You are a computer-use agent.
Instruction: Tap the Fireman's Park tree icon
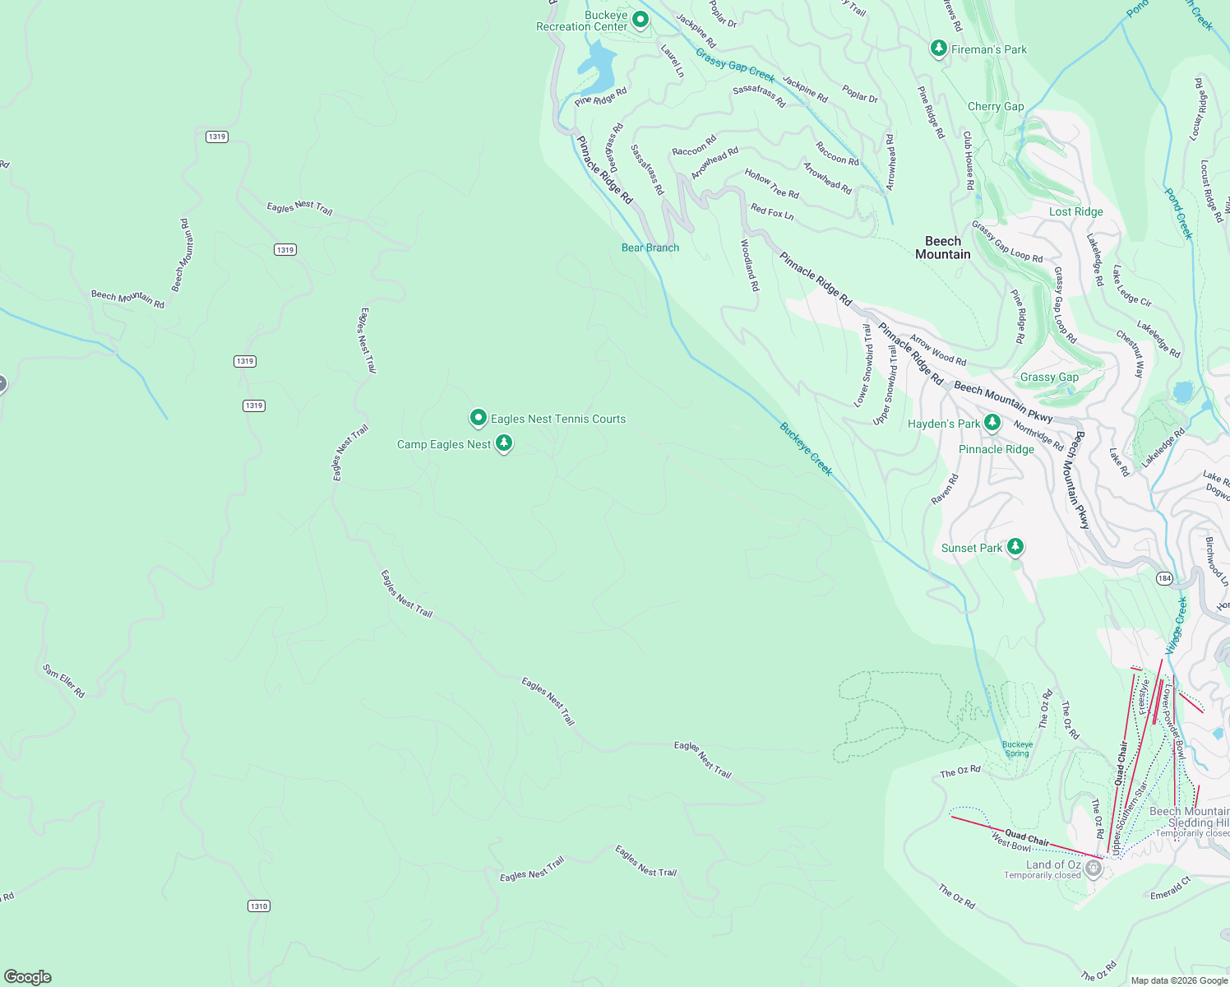pyautogui.click(x=938, y=49)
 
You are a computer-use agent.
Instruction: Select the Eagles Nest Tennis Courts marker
pyautogui.click(x=478, y=418)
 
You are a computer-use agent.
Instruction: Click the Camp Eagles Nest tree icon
pyautogui.click(x=504, y=443)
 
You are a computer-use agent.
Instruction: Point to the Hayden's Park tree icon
pyautogui.click(x=992, y=423)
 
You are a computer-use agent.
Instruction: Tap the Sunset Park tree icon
pyautogui.click(x=1015, y=546)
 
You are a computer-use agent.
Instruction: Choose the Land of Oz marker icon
pyautogui.click(x=1093, y=868)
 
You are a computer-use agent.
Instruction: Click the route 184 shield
pyautogui.click(x=1164, y=578)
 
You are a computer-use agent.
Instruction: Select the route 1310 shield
pyautogui.click(x=259, y=906)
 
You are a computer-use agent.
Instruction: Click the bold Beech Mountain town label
pyautogui.click(x=943, y=248)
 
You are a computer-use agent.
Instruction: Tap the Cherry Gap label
pyautogui.click(x=996, y=106)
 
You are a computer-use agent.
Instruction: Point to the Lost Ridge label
pyautogui.click(x=1075, y=211)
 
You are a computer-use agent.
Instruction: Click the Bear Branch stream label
pyautogui.click(x=650, y=248)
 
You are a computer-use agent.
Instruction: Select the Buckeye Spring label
pyautogui.click(x=1017, y=748)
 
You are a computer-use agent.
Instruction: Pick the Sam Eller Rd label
pyautogui.click(x=63, y=681)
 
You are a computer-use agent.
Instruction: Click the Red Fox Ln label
pyautogui.click(x=772, y=212)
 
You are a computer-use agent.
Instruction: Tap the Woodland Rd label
pyautogui.click(x=750, y=265)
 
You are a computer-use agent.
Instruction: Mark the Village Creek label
pyautogui.click(x=1177, y=625)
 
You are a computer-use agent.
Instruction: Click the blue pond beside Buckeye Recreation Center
pyautogui.click(x=599, y=66)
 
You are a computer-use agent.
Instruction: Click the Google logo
pyautogui.click(x=28, y=976)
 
